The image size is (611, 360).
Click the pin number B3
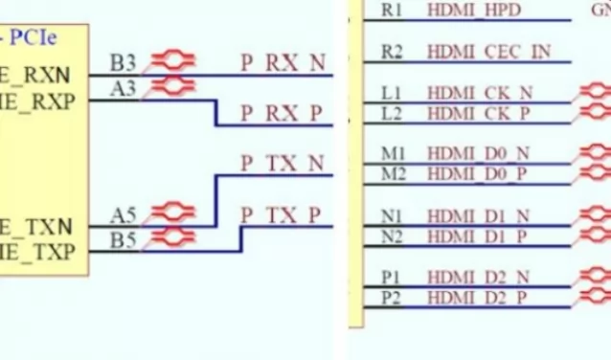(124, 63)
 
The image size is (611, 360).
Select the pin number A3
(124, 88)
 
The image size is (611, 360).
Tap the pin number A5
(124, 214)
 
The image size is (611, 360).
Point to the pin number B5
(124, 239)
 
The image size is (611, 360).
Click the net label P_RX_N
(283, 63)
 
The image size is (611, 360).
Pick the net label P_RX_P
(283, 114)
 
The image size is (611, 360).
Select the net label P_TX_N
(283, 164)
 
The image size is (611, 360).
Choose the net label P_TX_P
(283, 214)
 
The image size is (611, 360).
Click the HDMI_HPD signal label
(472, 11)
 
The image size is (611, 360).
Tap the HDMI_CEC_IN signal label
(488, 52)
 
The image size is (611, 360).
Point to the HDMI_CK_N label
(479, 93)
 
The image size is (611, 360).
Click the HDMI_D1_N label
(478, 216)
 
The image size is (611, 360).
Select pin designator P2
(391, 298)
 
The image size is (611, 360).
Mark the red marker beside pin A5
(173, 211)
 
